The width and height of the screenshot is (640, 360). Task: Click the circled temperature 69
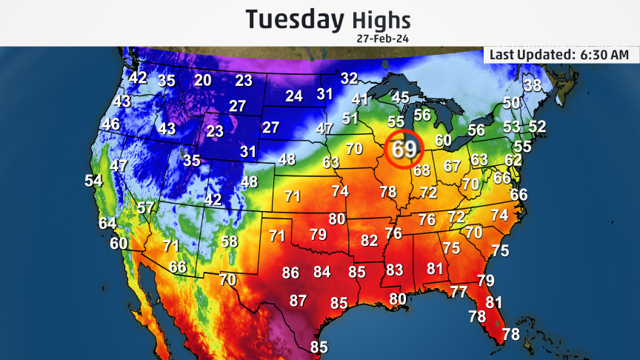(404, 150)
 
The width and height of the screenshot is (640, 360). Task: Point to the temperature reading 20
(203, 80)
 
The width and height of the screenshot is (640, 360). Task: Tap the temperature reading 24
(294, 96)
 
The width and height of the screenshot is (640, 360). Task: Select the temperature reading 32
(349, 79)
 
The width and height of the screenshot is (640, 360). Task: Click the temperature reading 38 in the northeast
(533, 85)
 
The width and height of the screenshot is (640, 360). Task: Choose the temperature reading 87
(298, 301)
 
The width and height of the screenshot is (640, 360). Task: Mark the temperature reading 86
(291, 273)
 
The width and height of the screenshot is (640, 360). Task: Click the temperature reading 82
(369, 241)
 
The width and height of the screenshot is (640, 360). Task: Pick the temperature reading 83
(394, 270)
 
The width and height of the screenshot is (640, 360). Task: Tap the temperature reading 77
(459, 292)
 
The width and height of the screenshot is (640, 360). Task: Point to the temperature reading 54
(93, 181)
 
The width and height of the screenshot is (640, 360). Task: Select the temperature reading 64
(107, 223)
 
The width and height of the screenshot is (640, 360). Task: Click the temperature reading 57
(145, 208)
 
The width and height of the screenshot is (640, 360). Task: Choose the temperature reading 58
(230, 241)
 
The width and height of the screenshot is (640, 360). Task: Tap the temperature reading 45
(400, 97)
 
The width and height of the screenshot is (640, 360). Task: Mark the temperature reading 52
(537, 127)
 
